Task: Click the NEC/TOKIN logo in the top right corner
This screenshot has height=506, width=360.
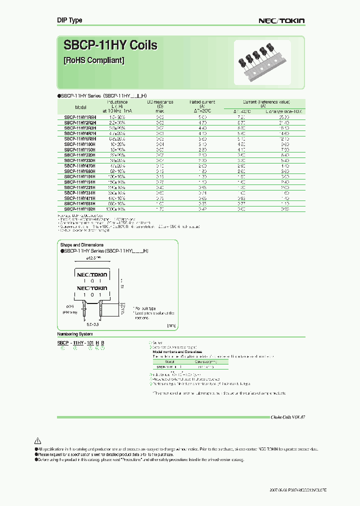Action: click(x=281, y=21)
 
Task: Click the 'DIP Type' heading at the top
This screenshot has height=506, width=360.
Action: click(x=69, y=20)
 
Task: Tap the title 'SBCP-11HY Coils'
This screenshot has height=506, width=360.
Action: click(x=110, y=45)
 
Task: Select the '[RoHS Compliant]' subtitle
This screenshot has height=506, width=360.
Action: click(x=94, y=60)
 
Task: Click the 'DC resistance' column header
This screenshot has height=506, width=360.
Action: click(x=160, y=101)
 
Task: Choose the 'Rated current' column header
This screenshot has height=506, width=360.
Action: click(x=202, y=101)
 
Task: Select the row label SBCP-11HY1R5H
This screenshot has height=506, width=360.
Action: click(x=80, y=116)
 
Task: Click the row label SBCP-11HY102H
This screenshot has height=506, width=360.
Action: click(x=80, y=209)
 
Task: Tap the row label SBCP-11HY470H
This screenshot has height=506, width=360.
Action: click(x=80, y=166)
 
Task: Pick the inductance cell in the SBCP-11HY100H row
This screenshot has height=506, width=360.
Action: click(x=118, y=144)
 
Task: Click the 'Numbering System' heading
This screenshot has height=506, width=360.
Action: click(x=75, y=333)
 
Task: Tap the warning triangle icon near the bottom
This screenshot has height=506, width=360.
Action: click(x=37, y=441)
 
